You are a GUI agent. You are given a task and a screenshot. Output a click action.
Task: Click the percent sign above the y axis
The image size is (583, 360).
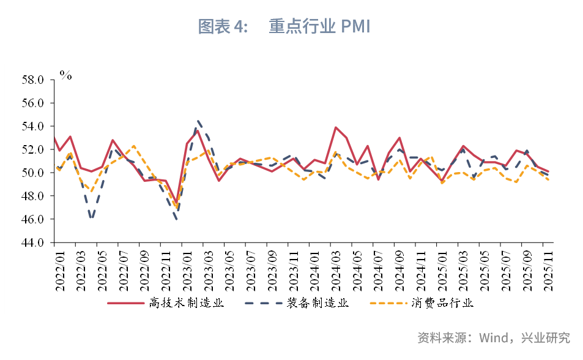point(65,75)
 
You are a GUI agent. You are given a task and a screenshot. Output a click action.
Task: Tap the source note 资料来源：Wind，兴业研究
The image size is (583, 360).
point(493,337)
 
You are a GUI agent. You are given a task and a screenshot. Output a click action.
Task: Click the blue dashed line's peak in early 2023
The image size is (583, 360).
point(199,121)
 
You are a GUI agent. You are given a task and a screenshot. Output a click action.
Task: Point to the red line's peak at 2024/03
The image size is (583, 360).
point(336,127)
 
